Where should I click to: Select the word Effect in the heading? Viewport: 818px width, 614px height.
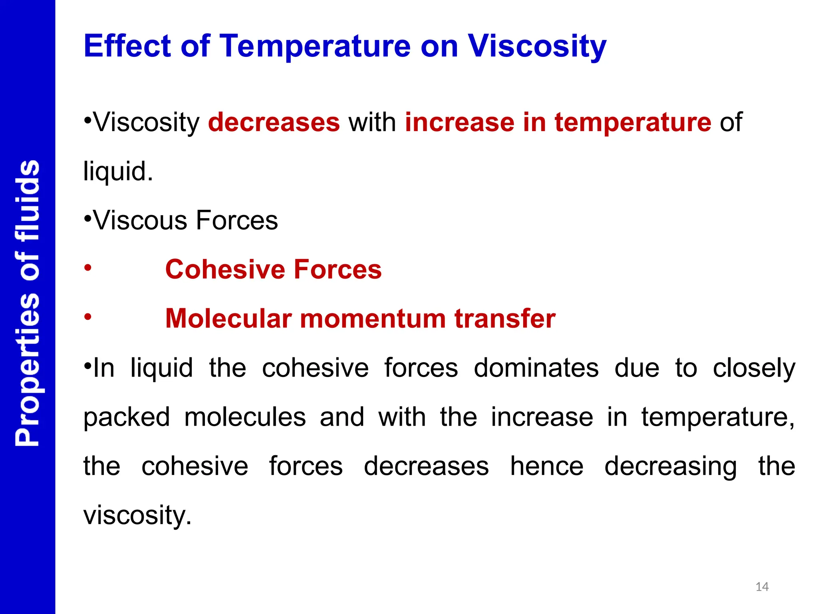click(127, 46)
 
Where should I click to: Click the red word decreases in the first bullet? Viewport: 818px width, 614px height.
click(274, 122)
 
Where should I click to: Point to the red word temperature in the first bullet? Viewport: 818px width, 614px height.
click(633, 122)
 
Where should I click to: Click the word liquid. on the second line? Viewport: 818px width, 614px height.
click(118, 172)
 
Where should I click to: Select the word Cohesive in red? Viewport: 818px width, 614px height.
click(224, 269)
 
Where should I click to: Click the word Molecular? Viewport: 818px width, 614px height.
click(228, 319)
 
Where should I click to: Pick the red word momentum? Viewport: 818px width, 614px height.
click(373, 319)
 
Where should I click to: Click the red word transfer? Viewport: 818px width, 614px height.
click(505, 319)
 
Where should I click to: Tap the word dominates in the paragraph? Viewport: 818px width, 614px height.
click(536, 368)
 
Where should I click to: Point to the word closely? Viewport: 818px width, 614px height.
click(754, 369)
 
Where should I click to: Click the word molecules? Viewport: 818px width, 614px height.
click(245, 417)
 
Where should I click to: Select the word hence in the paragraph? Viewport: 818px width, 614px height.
click(546, 466)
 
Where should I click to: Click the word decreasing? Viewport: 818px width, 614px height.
click(670, 467)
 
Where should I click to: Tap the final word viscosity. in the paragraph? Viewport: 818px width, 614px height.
click(137, 516)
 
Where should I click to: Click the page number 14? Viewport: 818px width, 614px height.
click(762, 587)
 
